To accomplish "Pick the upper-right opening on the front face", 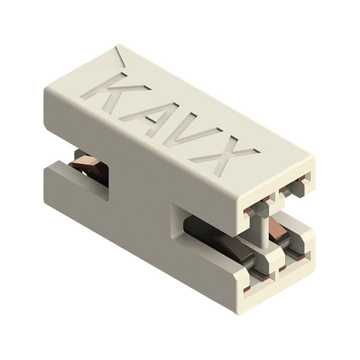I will click(292, 186).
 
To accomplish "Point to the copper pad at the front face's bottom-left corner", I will click(245, 289).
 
